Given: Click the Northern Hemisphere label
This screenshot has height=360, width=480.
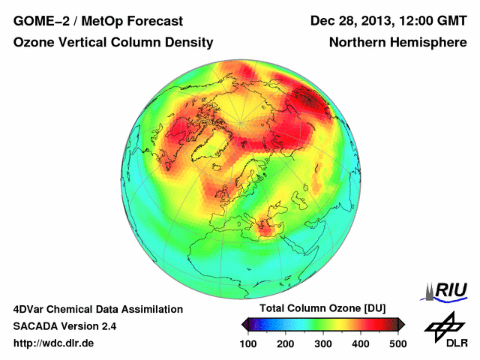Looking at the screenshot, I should (397, 43).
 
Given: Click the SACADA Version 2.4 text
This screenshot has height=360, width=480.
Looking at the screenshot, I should (64, 326).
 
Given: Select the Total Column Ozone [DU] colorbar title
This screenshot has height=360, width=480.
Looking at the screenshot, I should (322, 309).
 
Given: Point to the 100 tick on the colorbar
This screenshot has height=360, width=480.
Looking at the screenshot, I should (248, 343).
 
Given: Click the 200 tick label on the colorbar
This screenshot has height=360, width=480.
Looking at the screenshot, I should (286, 343).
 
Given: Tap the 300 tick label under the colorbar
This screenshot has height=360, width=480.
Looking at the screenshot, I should (323, 343).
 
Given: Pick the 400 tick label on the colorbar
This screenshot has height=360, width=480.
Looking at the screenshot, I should (361, 343).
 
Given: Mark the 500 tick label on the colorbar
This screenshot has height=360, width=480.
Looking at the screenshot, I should (397, 343).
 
